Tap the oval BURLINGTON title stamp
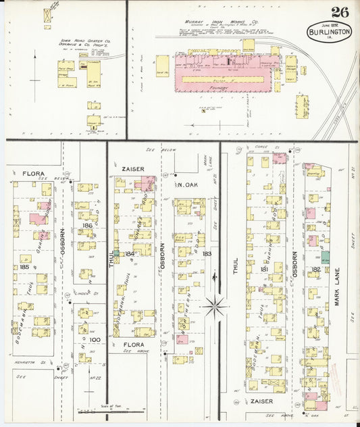click(x=330, y=32)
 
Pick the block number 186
click(x=86, y=225)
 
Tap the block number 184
click(x=128, y=254)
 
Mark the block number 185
click(x=24, y=268)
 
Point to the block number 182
click(x=316, y=269)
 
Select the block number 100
click(x=95, y=340)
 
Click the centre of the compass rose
click(x=215, y=307)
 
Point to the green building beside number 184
click(x=116, y=253)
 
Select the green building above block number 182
click(x=326, y=257)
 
